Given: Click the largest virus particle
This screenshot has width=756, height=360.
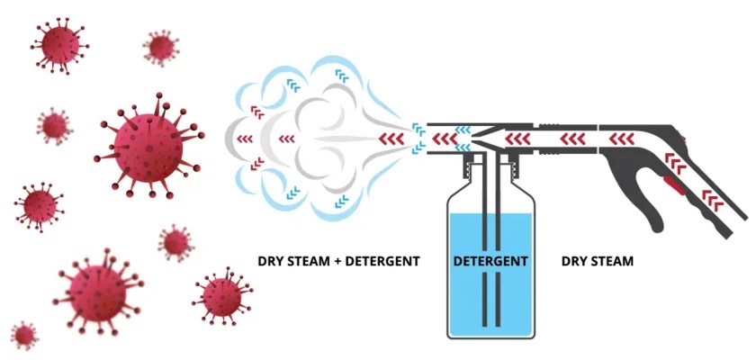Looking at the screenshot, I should (x=147, y=144).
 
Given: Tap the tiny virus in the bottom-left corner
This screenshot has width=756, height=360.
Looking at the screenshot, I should (x=24, y=336).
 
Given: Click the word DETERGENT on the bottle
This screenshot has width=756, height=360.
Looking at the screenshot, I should (x=490, y=261).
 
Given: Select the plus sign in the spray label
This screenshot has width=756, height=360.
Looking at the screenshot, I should (x=340, y=261).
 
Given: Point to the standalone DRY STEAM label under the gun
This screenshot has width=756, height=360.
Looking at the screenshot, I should (x=598, y=261).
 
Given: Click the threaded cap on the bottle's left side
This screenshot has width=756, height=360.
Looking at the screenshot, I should (x=469, y=166).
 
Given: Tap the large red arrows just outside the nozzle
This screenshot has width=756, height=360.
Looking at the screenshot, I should (x=391, y=139).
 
